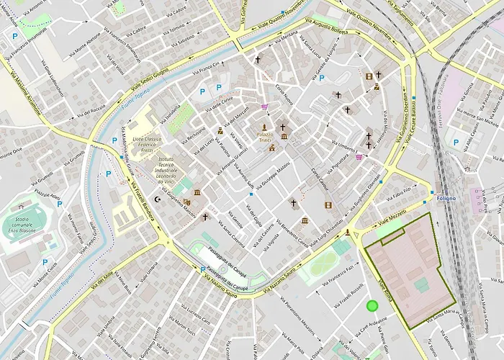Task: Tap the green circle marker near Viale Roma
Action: [372, 305]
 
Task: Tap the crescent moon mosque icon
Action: [158, 199]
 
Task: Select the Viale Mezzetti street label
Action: [394, 213]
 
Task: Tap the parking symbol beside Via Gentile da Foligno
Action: [322, 78]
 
